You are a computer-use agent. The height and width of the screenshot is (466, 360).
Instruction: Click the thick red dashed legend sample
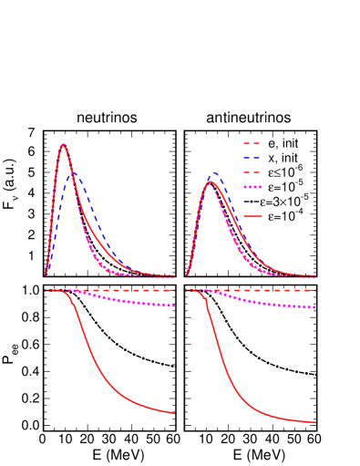pos(252,143)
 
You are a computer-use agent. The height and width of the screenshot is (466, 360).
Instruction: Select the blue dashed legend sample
pos(252,158)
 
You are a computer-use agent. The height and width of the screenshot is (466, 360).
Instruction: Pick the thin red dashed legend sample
pos(252,172)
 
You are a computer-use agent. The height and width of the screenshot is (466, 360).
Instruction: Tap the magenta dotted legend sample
pos(252,187)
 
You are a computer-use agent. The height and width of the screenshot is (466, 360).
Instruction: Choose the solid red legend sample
pos(252,216)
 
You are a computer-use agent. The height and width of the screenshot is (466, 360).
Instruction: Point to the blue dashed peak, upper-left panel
pos(73,170)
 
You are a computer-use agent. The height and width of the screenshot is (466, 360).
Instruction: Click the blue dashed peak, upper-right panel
pos(214,171)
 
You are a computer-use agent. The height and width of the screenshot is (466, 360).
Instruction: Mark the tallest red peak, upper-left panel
pos(63,144)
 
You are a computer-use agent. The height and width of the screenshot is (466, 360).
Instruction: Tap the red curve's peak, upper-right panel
pos(211,181)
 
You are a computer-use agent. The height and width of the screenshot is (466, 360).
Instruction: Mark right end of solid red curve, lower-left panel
pos(173,413)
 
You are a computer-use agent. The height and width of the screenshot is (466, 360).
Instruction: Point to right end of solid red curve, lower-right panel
pos(315,422)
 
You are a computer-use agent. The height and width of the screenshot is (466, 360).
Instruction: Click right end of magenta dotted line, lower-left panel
pos(173,305)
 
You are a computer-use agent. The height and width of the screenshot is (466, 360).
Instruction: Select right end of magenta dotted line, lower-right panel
pos(315,307)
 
